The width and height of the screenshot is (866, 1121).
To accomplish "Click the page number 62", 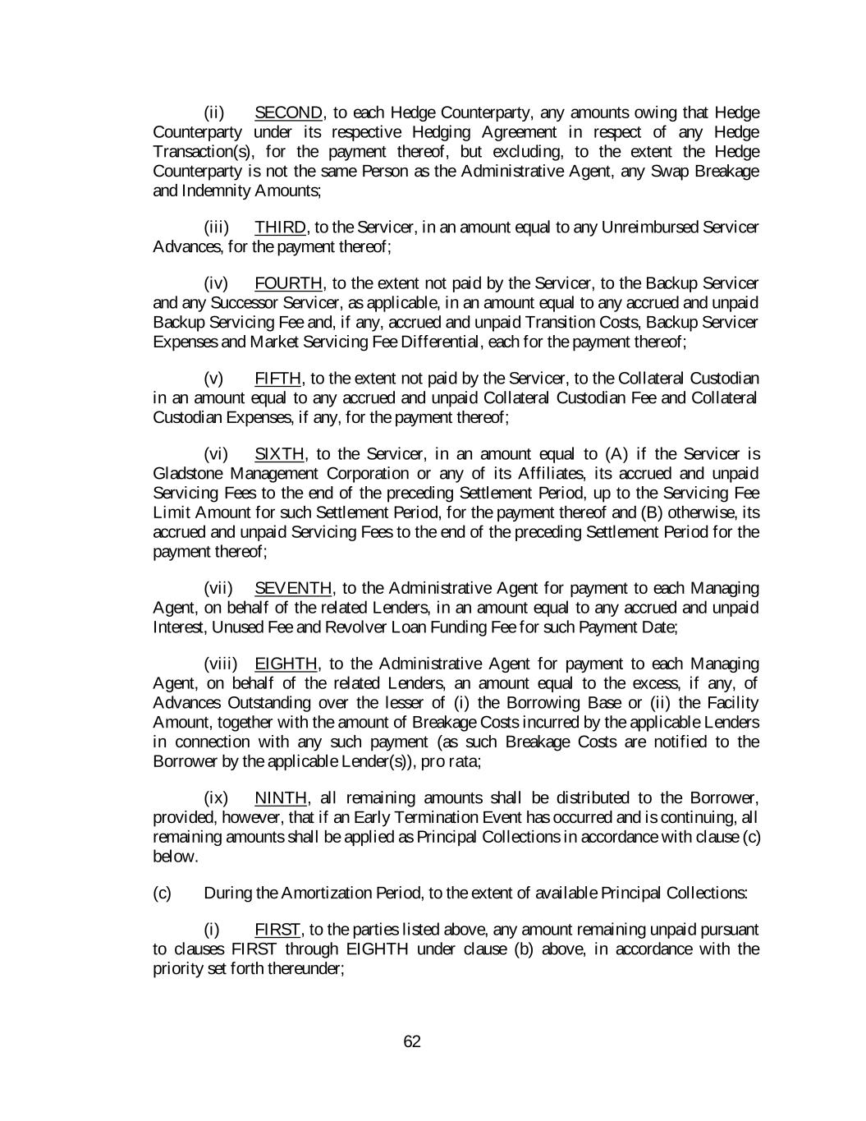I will pyautogui.click(x=412, y=1042).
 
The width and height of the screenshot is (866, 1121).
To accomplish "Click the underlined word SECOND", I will pyautogui.click(x=289, y=113).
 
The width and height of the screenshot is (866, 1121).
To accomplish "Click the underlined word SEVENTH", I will pyautogui.click(x=293, y=588).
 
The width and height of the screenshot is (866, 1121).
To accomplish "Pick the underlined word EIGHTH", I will pyautogui.click(x=286, y=664).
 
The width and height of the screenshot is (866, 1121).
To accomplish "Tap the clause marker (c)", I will pyautogui.click(x=163, y=893).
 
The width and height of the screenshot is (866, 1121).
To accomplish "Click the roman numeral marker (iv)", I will pyautogui.click(x=216, y=283).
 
